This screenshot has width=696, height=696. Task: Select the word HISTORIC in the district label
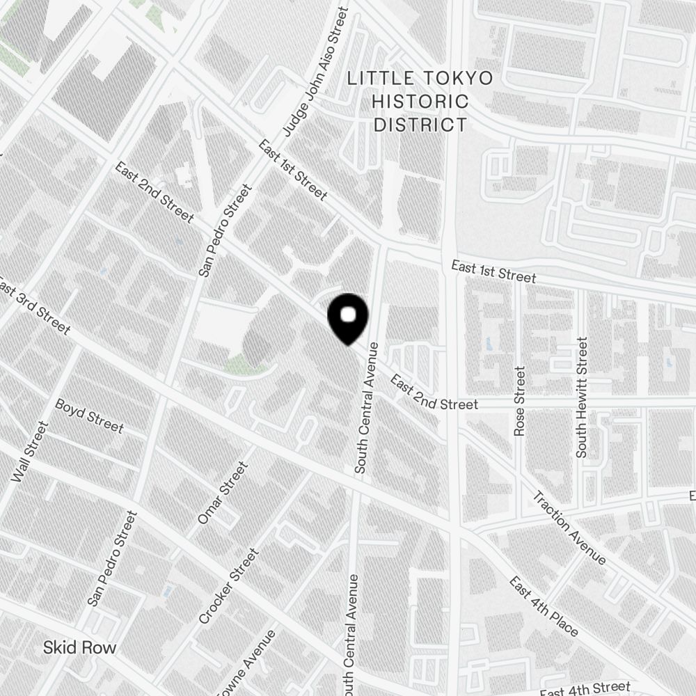(x=420, y=101)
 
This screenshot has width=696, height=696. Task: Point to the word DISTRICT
(x=420, y=125)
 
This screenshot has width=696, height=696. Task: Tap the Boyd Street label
(x=89, y=416)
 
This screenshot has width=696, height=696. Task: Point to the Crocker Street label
(x=228, y=586)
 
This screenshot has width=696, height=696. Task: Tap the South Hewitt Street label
(x=582, y=397)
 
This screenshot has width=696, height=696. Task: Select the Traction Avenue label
(x=569, y=528)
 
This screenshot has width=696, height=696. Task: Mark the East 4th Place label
(x=544, y=606)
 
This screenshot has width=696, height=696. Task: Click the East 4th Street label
(x=585, y=689)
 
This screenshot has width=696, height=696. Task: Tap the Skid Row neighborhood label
(x=79, y=647)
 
